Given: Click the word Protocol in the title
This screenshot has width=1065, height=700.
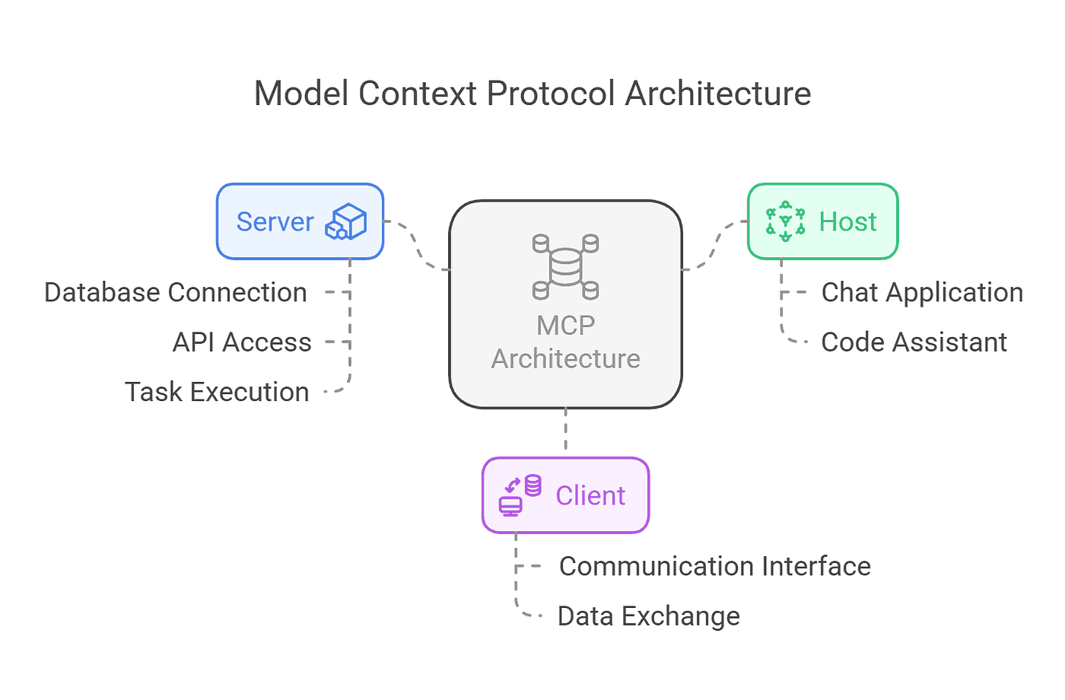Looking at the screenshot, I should click(551, 94).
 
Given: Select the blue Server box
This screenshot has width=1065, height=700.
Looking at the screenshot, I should click(300, 221).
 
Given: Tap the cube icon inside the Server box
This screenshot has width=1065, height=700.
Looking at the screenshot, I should click(346, 221).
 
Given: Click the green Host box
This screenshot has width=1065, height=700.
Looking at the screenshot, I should click(822, 221).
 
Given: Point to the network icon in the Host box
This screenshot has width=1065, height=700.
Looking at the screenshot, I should click(785, 221).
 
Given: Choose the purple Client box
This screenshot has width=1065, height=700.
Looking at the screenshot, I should click(565, 495).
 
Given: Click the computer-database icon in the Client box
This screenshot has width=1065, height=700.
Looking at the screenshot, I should click(520, 495).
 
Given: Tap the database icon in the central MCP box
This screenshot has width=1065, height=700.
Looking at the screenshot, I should click(565, 267).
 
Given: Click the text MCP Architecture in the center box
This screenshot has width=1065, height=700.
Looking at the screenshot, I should click(565, 342).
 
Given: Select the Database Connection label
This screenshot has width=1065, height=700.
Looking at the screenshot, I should click(176, 292).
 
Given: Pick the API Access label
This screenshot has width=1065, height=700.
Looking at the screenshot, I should click(242, 342).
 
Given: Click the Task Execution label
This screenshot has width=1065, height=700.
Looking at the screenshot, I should click(217, 392).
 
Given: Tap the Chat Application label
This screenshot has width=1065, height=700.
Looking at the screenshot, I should click(922, 292).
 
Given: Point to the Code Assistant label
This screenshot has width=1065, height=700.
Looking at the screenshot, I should click(914, 342).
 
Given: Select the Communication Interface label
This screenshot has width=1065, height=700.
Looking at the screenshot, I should click(714, 566).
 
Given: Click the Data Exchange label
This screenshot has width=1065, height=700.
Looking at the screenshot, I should click(648, 616).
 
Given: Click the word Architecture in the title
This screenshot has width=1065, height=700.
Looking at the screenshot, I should click(718, 94).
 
